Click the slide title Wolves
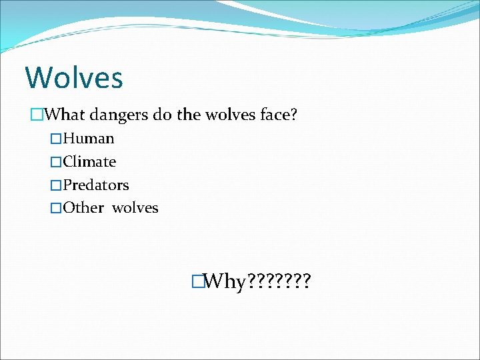[74, 77]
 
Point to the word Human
[89, 139]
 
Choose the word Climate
[89, 162]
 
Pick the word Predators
[96, 185]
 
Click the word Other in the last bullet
[83, 208]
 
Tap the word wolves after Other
[135, 208]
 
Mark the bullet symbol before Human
[56, 139]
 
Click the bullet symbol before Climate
[56, 163]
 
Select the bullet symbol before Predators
[56, 185]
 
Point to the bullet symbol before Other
[56, 209]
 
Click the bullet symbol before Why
[196, 282]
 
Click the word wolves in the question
[228, 115]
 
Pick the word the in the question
[189, 115]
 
